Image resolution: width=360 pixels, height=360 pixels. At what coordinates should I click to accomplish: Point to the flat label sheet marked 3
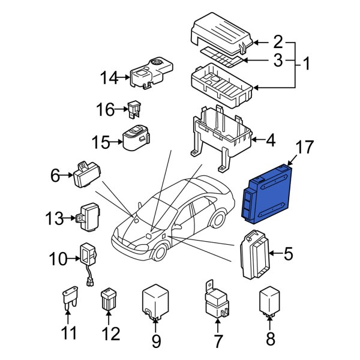coord(222,58)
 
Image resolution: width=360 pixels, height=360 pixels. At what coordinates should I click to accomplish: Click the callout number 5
coord(288,254)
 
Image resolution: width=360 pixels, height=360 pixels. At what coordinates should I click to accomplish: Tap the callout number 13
coord(53,218)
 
